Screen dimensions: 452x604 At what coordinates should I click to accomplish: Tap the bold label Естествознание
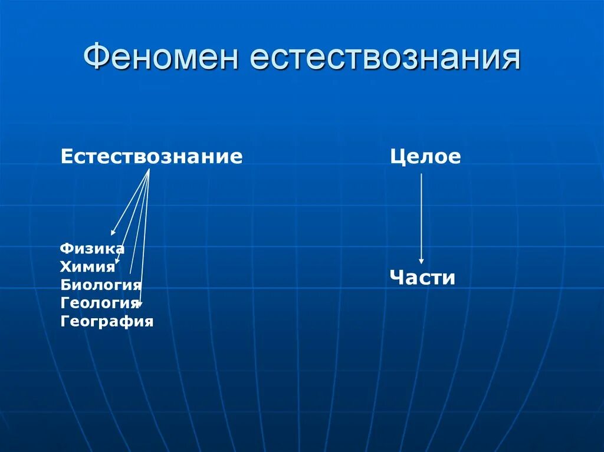(x=152, y=157)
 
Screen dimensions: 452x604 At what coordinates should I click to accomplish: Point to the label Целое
(x=425, y=157)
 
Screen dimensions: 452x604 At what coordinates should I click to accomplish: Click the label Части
(x=422, y=278)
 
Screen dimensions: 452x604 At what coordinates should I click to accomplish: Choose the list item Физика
(x=92, y=249)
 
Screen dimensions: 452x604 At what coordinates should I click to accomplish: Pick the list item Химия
(x=87, y=267)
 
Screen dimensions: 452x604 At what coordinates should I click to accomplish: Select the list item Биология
(x=101, y=285)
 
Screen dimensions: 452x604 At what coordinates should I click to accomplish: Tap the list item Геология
(x=100, y=303)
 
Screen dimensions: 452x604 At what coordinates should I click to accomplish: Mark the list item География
(x=107, y=322)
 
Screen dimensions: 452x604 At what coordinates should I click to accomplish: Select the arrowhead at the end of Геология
(x=140, y=303)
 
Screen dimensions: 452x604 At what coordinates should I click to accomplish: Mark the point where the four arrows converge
(x=149, y=170)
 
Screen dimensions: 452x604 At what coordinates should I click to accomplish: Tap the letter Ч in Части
(x=396, y=278)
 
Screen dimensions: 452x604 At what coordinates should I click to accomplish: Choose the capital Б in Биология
(x=65, y=285)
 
